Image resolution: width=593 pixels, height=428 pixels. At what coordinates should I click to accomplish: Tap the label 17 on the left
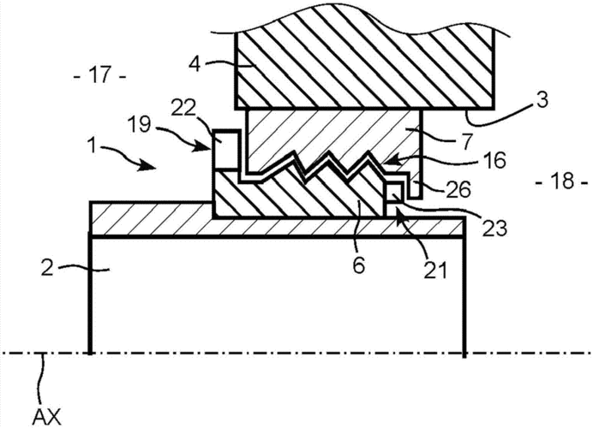tap(100, 76)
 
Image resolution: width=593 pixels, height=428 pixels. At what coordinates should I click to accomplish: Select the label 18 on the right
tap(561, 181)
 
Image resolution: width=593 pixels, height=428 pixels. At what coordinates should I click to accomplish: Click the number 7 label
tap(467, 141)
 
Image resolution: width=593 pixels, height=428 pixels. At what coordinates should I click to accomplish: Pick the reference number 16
tap(494, 160)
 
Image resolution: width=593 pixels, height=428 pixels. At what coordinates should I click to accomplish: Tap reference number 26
tap(458, 188)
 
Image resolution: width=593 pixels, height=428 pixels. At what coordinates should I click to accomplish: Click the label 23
tap(493, 228)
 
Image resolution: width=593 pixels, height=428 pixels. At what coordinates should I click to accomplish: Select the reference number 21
tap(434, 270)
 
